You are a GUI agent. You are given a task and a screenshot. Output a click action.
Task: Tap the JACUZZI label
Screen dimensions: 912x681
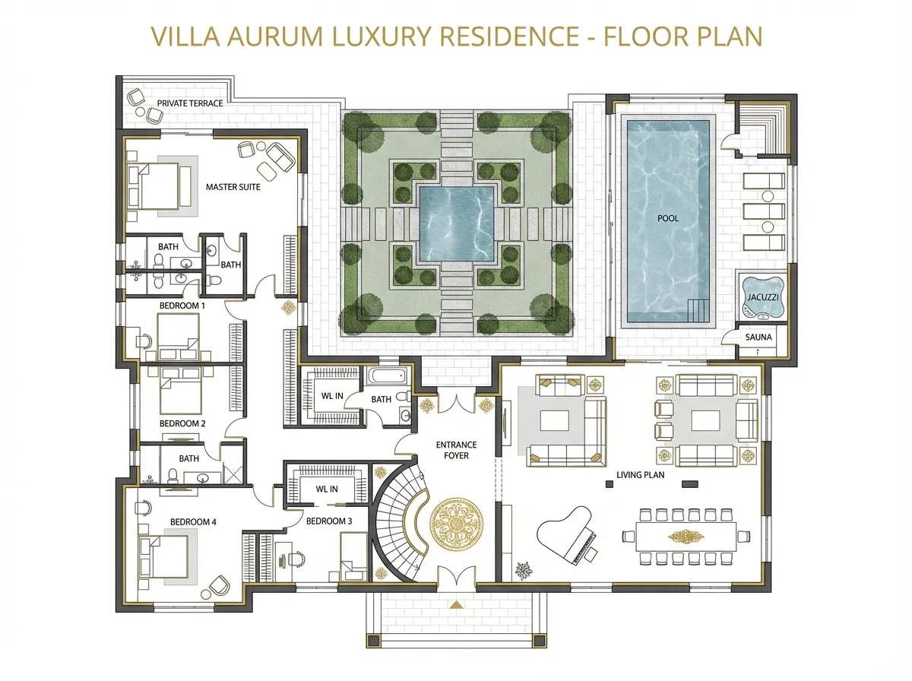763,297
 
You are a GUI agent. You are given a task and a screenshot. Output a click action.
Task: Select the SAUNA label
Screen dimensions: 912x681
758,337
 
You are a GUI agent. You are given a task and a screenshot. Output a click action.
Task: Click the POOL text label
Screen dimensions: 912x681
668,218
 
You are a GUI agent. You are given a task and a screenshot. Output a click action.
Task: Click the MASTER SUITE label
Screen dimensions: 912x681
233,187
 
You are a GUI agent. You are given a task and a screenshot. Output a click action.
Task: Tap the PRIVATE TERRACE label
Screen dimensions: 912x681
190,103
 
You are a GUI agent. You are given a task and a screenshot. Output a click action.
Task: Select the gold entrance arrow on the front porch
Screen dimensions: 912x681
456,604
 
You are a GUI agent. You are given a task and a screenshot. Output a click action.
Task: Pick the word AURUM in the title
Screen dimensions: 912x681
275,36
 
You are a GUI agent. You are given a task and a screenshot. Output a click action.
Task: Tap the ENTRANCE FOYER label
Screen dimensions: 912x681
456,450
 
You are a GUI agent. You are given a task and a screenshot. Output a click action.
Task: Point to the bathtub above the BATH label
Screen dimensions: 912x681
388,376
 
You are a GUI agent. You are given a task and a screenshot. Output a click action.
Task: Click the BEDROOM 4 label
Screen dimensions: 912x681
193,522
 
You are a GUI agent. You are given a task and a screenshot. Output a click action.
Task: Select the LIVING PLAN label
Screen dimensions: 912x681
640,474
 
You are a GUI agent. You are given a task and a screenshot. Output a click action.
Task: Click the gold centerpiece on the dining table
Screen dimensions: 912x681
686,537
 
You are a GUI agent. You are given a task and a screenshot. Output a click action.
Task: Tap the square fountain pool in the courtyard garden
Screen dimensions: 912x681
456,223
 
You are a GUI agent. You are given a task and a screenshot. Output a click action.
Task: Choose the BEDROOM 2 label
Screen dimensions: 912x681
182,423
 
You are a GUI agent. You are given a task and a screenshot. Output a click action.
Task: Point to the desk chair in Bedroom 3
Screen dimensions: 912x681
296,559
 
